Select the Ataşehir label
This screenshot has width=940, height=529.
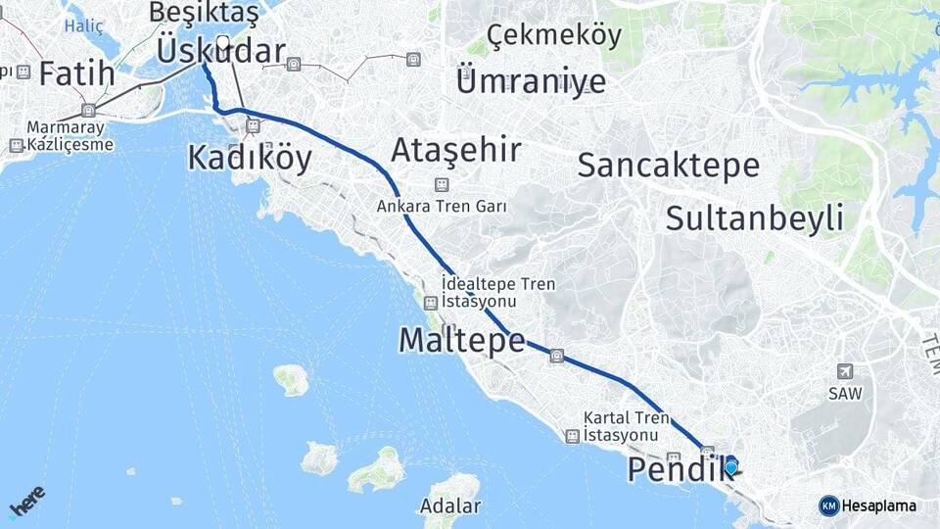pos(455,150)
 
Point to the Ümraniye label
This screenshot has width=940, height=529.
pos(531,80)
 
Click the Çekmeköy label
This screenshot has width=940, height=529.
pos(554,36)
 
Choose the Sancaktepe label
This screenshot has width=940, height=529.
pos(668,165)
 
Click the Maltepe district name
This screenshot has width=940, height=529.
pos(462,340)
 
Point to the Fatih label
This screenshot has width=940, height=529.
pos(76,73)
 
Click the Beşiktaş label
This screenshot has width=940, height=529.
pos(204,13)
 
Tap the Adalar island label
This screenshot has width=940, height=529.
pos(450,506)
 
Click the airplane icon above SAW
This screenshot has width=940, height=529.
pos(844,371)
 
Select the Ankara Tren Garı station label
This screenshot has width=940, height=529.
pos(442,207)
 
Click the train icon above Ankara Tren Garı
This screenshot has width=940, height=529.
pos(442,184)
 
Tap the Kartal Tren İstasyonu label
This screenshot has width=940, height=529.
pos(627,425)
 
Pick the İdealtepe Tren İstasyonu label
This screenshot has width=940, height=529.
pos(498,292)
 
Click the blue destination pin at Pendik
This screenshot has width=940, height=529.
pos(730,465)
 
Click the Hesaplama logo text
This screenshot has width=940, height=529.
pos(878,505)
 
